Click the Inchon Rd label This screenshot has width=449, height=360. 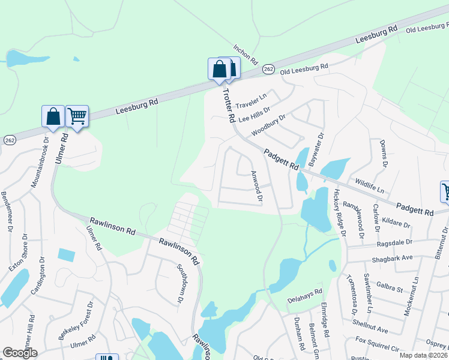(x=246, y=55)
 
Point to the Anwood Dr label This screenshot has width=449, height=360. (x=256, y=187)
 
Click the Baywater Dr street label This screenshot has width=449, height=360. (x=315, y=149)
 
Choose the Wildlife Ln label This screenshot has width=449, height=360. (x=369, y=185)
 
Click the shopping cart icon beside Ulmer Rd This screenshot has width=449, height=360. (x=77, y=115)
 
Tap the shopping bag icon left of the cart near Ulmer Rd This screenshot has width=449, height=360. (x=53, y=115)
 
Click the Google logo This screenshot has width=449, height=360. (x=20, y=353)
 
